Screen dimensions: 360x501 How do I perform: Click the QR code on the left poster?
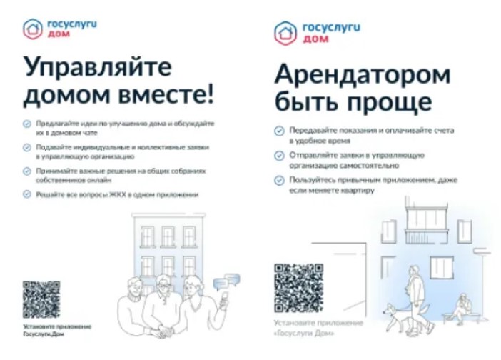[41, 300]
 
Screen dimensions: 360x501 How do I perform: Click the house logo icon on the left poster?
[33, 29]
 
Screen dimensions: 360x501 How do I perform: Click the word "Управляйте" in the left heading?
[97, 69]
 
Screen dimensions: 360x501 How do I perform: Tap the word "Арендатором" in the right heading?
[363, 74]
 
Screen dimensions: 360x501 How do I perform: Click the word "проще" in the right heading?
[396, 101]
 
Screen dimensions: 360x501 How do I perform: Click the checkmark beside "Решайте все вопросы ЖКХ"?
[27, 194]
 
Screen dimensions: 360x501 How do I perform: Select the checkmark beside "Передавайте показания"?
[279, 131]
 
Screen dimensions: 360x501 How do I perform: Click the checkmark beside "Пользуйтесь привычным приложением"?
[279, 179]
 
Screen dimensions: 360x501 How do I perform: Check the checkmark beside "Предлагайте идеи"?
[27, 123]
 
